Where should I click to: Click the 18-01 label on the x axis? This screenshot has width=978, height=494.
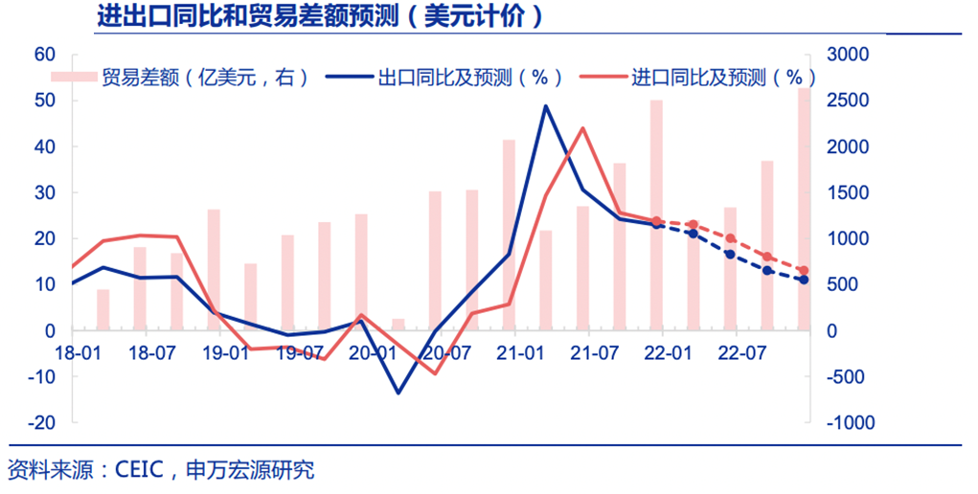coord(78,353)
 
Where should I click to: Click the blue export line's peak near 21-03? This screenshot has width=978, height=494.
coord(545,106)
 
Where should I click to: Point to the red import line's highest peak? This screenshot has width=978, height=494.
coord(582,128)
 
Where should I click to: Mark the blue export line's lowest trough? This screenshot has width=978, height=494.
coord(398,393)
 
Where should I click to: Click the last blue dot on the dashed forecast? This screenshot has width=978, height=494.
coord(804,280)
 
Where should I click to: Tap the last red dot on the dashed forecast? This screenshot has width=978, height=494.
coord(804,271)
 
